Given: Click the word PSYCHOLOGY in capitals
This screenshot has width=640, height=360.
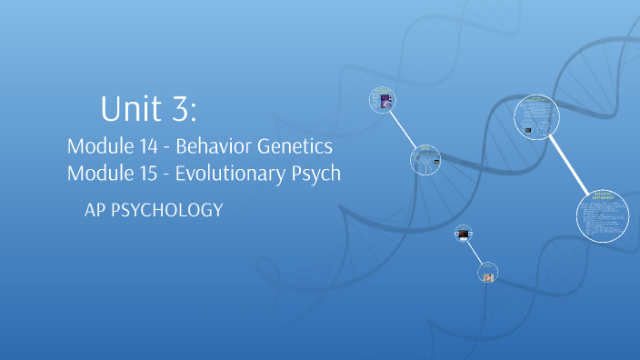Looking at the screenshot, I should coord(168,211).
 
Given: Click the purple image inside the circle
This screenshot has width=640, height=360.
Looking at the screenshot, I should coord(385,100).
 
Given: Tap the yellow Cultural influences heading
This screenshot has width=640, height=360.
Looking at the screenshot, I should coord(603,195).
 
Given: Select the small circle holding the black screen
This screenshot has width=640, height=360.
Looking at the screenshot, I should coord(464,235).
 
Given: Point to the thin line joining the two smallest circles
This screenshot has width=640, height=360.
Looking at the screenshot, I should coord(476,255).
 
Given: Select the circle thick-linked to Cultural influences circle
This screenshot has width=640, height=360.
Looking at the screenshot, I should coord(537,119).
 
